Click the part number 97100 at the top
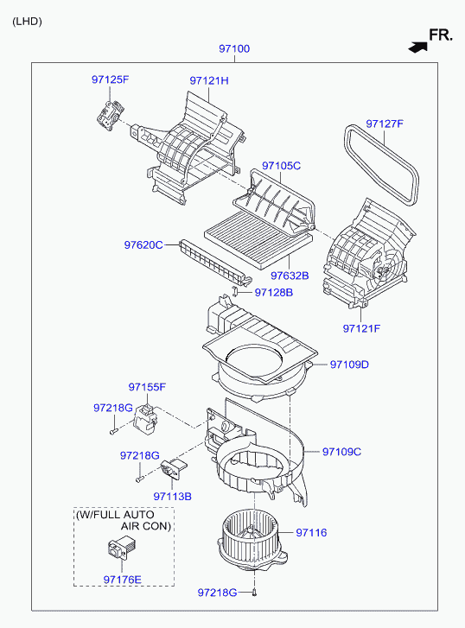click(x=234, y=49)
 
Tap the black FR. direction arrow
click(x=417, y=48)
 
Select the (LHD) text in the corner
click(x=27, y=22)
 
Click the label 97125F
click(x=111, y=79)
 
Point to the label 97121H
click(x=209, y=80)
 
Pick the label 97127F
click(x=385, y=124)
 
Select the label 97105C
click(x=281, y=166)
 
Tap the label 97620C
click(x=143, y=244)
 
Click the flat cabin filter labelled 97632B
click(x=258, y=239)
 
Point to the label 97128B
click(x=274, y=292)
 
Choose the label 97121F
click(x=361, y=328)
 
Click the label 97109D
click(x=349, y=365)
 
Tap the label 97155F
click(x=147, y=387)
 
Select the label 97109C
click(x=341, y=452)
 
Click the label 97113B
click(x=172, y=497)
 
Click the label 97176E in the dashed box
click(x=122, y=580)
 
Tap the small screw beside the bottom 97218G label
click(x=255, y=593)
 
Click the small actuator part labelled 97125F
click(x=110, y=115)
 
